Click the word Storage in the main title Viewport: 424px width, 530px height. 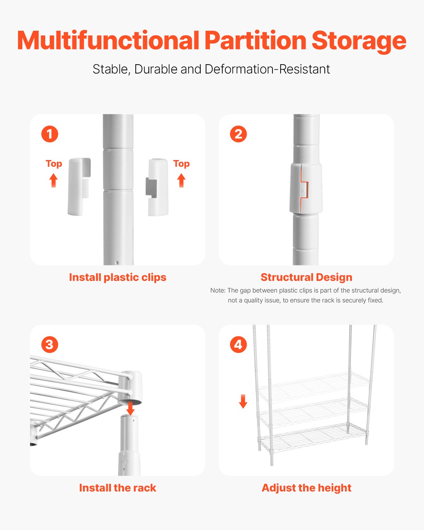coord(359,41)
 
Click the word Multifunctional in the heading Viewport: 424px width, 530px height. coord(108,40)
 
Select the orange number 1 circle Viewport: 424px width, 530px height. coord(49,134)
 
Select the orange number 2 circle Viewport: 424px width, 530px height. coord(238,134)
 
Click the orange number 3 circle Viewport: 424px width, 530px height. coord(49,344)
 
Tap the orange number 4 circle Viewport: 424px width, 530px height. coord(238,344)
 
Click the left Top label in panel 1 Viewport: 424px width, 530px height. coord(54,164)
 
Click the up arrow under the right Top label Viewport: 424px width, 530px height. coord(181,181)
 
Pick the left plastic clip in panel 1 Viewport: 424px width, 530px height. coord(78,187)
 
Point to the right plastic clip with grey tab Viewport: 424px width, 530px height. coord(158,187)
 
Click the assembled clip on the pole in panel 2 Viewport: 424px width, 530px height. coord(306,188)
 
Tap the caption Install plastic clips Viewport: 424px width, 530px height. coord(118,277)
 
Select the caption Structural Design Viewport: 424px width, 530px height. coord(306,277)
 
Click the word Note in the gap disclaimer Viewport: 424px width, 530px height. coord(217,290)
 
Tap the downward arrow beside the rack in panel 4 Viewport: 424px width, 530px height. coord(243,401)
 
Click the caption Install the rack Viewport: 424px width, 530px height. coord(118,488)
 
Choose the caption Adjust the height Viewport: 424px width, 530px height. coord(306,488)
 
